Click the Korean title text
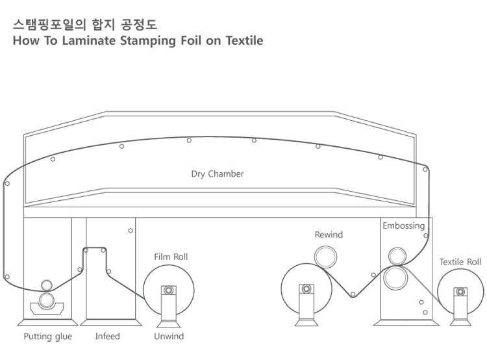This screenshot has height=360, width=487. [84, 25]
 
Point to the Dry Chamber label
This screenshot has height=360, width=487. [218, 174]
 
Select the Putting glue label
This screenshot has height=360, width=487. [47, 337]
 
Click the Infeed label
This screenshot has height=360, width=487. [108, 337]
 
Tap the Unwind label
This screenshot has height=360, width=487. [169, 337]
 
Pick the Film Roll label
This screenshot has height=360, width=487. [171, 257]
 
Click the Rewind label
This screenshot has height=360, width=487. [329, 235]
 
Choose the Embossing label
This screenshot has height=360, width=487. [403, 226]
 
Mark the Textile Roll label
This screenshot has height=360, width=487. [460, 262]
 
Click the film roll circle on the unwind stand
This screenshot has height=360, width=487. [168, 289]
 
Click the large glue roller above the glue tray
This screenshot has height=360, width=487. [47, 300]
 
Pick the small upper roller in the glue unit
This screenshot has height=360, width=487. [47, 285]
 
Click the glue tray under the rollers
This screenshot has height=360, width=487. [47, 309]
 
